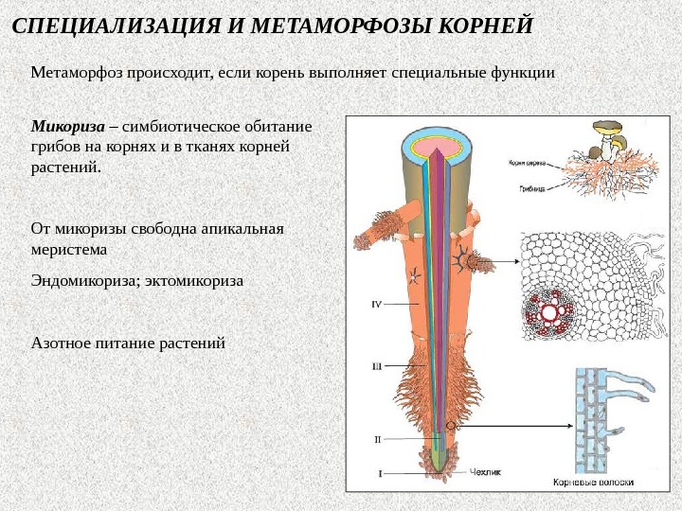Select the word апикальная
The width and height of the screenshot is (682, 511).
pyautogui.click(x=243, y=229)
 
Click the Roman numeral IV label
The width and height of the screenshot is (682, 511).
pyautogui.click(x=376, y=304)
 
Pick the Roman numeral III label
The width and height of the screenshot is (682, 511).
pyautogui.click(x=376, y=365)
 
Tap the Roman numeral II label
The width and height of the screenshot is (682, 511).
pyautogui.click(x=377, y=439)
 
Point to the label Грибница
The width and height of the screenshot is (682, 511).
pyautogui.click(x=530, y=188)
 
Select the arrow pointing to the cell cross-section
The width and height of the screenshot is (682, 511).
pyautogui.click(x=500, y=261)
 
